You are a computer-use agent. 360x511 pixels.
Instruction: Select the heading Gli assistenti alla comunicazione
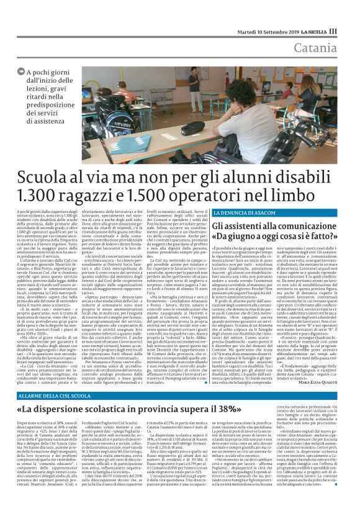pos(267,225)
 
